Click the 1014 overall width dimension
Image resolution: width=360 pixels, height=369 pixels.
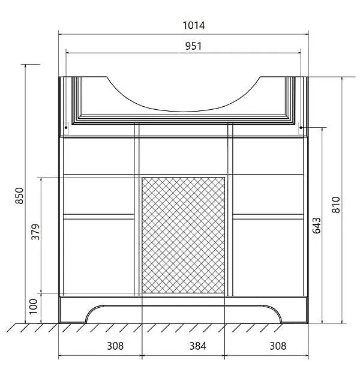[194, 25]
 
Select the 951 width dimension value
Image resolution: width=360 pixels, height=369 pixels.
[193, 46]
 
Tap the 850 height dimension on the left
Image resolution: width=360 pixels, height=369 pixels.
[19, 196]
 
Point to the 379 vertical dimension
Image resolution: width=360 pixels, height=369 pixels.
[35, 232]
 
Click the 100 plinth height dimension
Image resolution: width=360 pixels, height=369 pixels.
[33, 307]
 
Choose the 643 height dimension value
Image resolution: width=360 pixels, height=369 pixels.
[317, 226]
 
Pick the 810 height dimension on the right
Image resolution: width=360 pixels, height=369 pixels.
[336, 205]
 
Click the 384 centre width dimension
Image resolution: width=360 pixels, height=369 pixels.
[197, 346]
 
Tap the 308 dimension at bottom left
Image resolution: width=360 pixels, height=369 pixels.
[115, 346]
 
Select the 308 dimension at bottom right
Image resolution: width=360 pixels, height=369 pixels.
[278, 346]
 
